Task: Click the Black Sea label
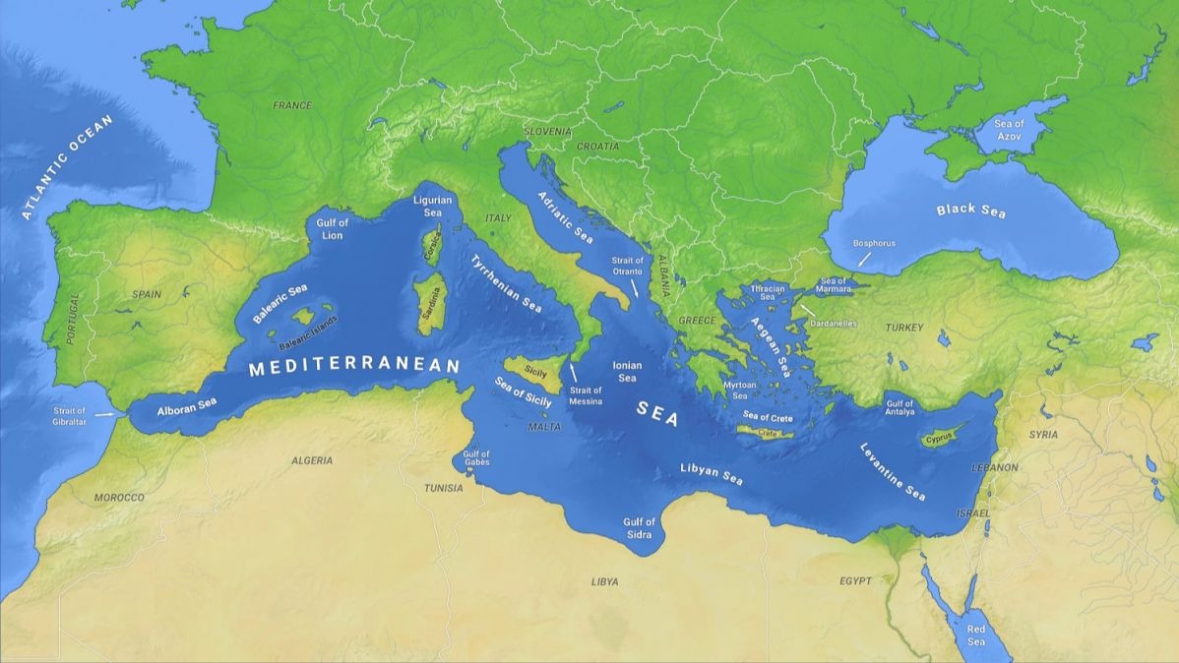[970, 210]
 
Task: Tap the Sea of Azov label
[1009, 129]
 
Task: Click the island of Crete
[769, 433]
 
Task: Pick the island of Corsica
[431, 245]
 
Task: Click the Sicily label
[535, 373]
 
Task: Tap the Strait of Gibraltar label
[70, 416]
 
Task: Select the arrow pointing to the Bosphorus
[863, 259]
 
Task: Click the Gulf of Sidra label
[640, 527]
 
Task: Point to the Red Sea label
[975, 634]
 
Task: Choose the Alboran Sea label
[187, 404]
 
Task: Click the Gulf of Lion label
[333, 229]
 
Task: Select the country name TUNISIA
[443, 488]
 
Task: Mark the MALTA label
[544, 427]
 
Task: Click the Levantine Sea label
[893, 471]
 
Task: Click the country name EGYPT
[855, 581]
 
